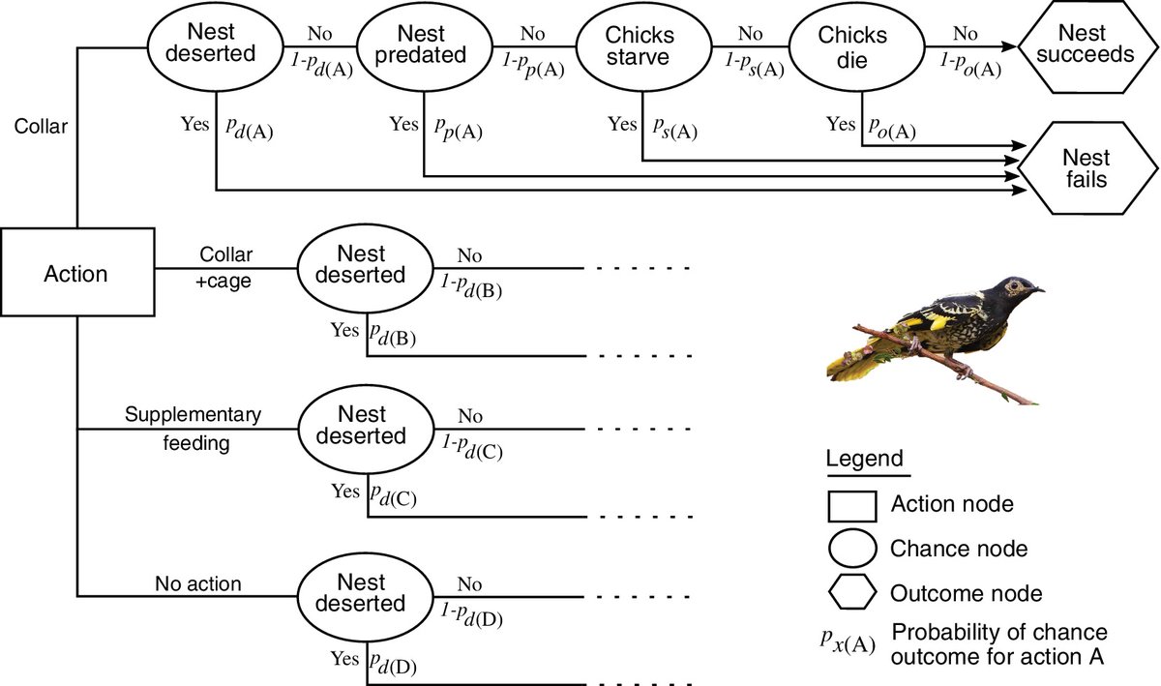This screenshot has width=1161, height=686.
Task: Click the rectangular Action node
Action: click(x=76, y=274)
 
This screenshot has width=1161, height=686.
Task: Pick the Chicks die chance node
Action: click(x=852, y=44)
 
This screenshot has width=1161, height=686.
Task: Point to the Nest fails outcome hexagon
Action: click(x=1085, y=167)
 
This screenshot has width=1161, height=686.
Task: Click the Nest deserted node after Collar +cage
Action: click(x=362, y=264)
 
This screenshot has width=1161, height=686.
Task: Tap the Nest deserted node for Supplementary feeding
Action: click(x=362, y=427)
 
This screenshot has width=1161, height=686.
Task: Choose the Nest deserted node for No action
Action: click(x=362, y=593)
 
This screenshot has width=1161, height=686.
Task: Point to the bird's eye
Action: click(x=1015, y=286)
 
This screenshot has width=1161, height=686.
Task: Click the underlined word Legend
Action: click(x=864, y=459)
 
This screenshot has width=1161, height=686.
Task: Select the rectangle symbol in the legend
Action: click(x=851, y=504)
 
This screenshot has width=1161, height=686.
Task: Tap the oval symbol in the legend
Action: click(x=851, y=549)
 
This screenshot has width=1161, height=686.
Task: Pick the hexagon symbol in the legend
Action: click(x=851, y=592)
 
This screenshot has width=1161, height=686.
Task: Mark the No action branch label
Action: click(x=197, y=583)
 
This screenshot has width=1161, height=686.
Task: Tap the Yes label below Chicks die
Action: click(x=841, y=124)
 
